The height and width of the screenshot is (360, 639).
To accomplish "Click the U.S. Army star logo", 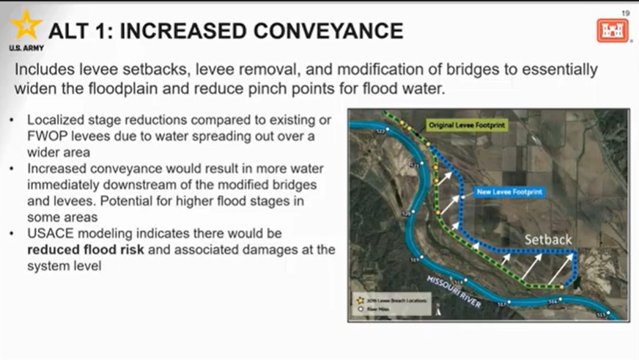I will tap(26, 26).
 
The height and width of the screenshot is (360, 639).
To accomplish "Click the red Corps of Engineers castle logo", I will tap(613, 31).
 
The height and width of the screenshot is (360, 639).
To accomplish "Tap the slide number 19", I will tap(625, 12).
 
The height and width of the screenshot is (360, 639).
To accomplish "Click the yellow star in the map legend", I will tap(360, 301).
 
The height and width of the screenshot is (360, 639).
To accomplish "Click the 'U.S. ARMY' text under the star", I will tap(26, 48).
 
